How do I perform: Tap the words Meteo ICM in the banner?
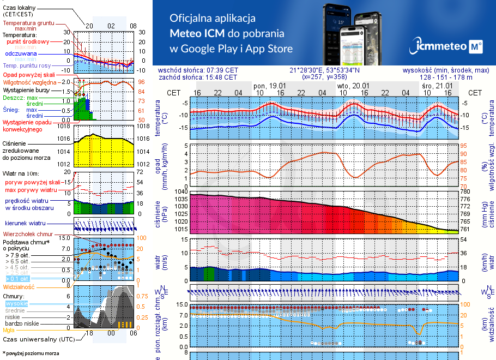pyautogui.click(x=195, y=33)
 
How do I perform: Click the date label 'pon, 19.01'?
pyautogui.click(x=270, y=86)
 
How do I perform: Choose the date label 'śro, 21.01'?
pyautogui.click(x=437, y=86)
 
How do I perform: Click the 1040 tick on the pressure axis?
pyautogui.click(x=180, y=192)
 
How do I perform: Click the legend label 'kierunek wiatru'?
pyautogui.click(x=26, y=224)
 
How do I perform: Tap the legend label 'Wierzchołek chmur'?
pyautogui.click(x=24, y=233)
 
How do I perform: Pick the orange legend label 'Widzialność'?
pyautogui.click(x=19, y=286)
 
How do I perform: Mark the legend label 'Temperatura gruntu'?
pyautogui.click(x=28, y=23)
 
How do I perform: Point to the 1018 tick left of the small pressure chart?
pyautogui.click(x=64, y=127)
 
